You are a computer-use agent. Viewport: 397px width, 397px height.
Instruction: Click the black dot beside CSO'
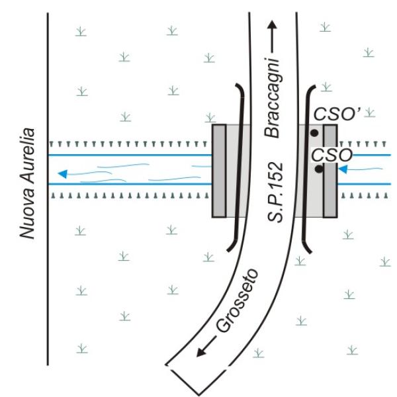tap(314, 133)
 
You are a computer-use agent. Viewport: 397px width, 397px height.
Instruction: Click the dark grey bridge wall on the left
tap(219, 171)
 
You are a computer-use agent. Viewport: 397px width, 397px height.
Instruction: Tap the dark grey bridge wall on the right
tap(330, 171)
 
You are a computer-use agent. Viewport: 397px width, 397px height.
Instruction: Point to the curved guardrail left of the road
tap(243, 165)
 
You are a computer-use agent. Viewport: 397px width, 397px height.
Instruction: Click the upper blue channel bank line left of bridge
tap(132, 155)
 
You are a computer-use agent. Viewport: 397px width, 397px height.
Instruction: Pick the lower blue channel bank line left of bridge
tap(132, 185)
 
